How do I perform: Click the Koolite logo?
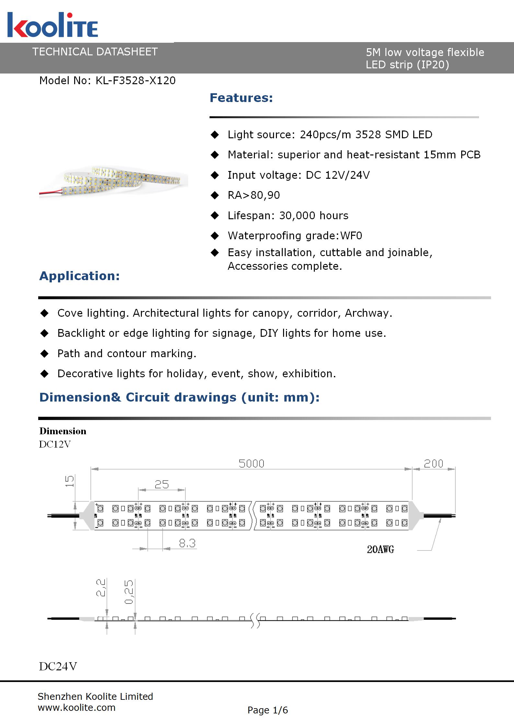tap(52, 25)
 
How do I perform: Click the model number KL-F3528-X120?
tap(135, 81)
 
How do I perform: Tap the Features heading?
tap(241, 98)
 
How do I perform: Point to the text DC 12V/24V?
tap(337, 175)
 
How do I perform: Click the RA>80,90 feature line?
tap(254, 195)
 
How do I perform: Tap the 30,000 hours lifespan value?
tap(314, 216)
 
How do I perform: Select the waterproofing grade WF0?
tap(351, 236)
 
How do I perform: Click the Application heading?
tap(79, 276)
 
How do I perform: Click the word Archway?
tap(368, 313)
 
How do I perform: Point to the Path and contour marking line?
tap(127, 354)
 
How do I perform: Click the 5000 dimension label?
tap(251, 464)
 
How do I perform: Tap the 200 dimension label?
tap(433, 464)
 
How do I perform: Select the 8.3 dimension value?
tap(187, 543)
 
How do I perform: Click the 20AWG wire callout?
tap(380, 550)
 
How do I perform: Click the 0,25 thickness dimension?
tap(129, 592)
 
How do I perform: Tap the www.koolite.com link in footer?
tap(76, 708)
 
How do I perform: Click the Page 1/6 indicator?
tap(268, 710)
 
